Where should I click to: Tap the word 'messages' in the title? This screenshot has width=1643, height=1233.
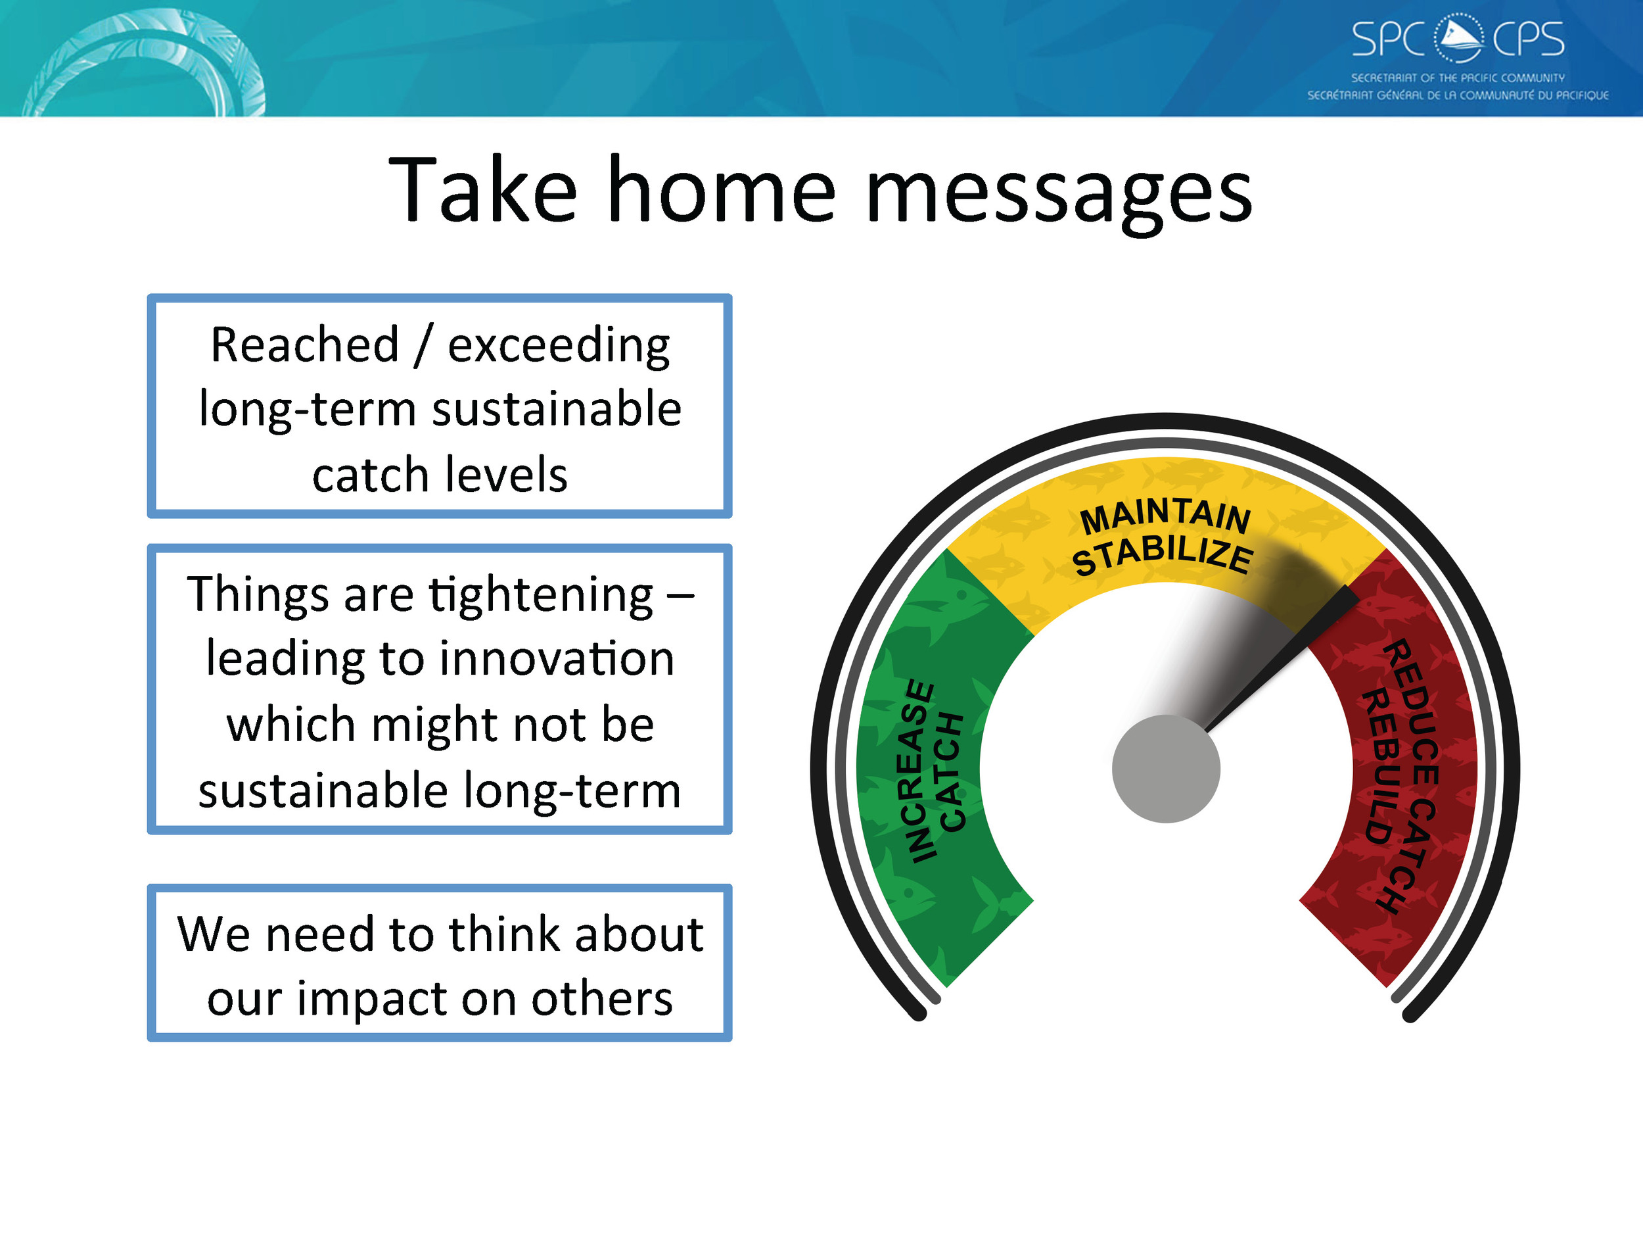[1059, 195]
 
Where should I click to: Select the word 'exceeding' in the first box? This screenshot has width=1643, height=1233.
[559, 347]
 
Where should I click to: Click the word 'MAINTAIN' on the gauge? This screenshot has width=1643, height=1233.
[1165, 516]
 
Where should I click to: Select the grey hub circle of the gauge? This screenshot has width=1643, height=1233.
[1165, 769]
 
